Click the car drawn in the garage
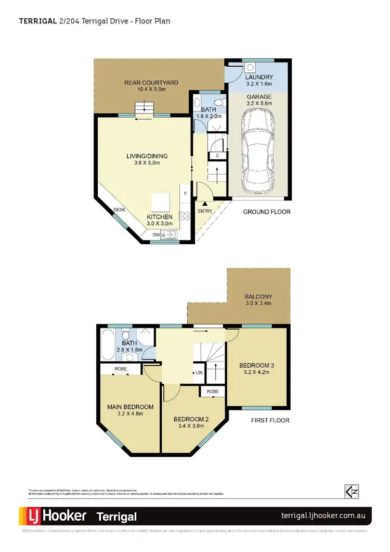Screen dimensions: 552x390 coord(258,150)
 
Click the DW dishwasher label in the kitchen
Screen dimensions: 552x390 coord(156,235)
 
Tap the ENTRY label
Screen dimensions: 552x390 coord(204,212)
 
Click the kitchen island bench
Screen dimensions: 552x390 coord(160,201)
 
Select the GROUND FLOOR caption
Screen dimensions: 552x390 coord(267,212)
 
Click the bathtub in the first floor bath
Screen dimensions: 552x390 coord(109,344)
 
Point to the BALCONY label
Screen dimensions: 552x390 coord(258,297)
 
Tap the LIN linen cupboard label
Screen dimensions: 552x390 coord(199,373)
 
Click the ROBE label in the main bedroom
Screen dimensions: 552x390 coord(121,369)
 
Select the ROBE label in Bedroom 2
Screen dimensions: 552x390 coord(212,391)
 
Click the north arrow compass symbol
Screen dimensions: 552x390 coord(352,491)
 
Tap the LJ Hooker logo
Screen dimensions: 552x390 coord(54,516)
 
